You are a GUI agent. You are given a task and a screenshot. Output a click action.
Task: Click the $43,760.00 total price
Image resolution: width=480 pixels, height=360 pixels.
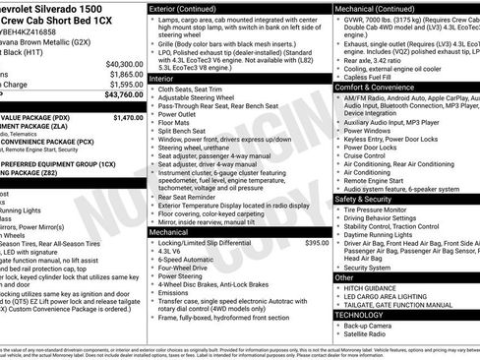pyautogui.click(x=124, y=95)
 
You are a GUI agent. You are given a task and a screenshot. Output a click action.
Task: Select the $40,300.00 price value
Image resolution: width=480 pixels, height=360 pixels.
pyautogui.click(x=124, y=62)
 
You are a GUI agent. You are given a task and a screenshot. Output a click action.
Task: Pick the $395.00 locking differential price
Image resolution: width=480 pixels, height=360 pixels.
pyautogui.click(x=317, y=242)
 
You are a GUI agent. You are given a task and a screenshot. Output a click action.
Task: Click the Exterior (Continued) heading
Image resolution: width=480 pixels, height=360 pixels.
pyautogui.click(x=189, y=8)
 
